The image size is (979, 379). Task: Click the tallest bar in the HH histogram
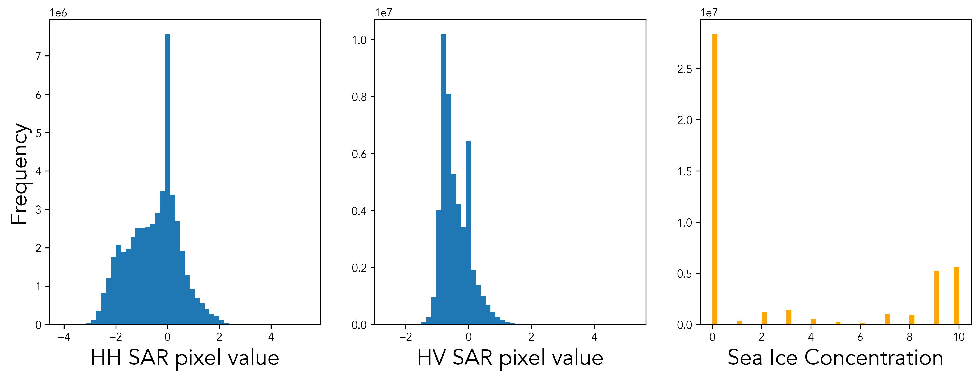(x=167, y=179)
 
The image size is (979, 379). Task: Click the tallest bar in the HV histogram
(x=444, y=179)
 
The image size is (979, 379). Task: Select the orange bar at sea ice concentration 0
(x=714, y=179)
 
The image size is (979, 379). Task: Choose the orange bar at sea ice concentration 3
(x=789, y=317)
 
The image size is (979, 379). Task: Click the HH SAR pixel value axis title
(x=185, y=358)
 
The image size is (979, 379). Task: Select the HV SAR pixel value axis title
(x=510, y=358)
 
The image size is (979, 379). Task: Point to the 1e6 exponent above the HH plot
(x=58, y=13)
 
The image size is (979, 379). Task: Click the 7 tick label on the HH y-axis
(x=38, y=56)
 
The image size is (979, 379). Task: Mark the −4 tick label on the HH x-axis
(x=64, y=337)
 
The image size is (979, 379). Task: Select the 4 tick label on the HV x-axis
(x=594, y=337)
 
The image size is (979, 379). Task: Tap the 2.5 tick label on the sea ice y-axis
(x=684, y=69)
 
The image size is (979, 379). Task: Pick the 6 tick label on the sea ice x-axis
(x=860, y=337)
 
